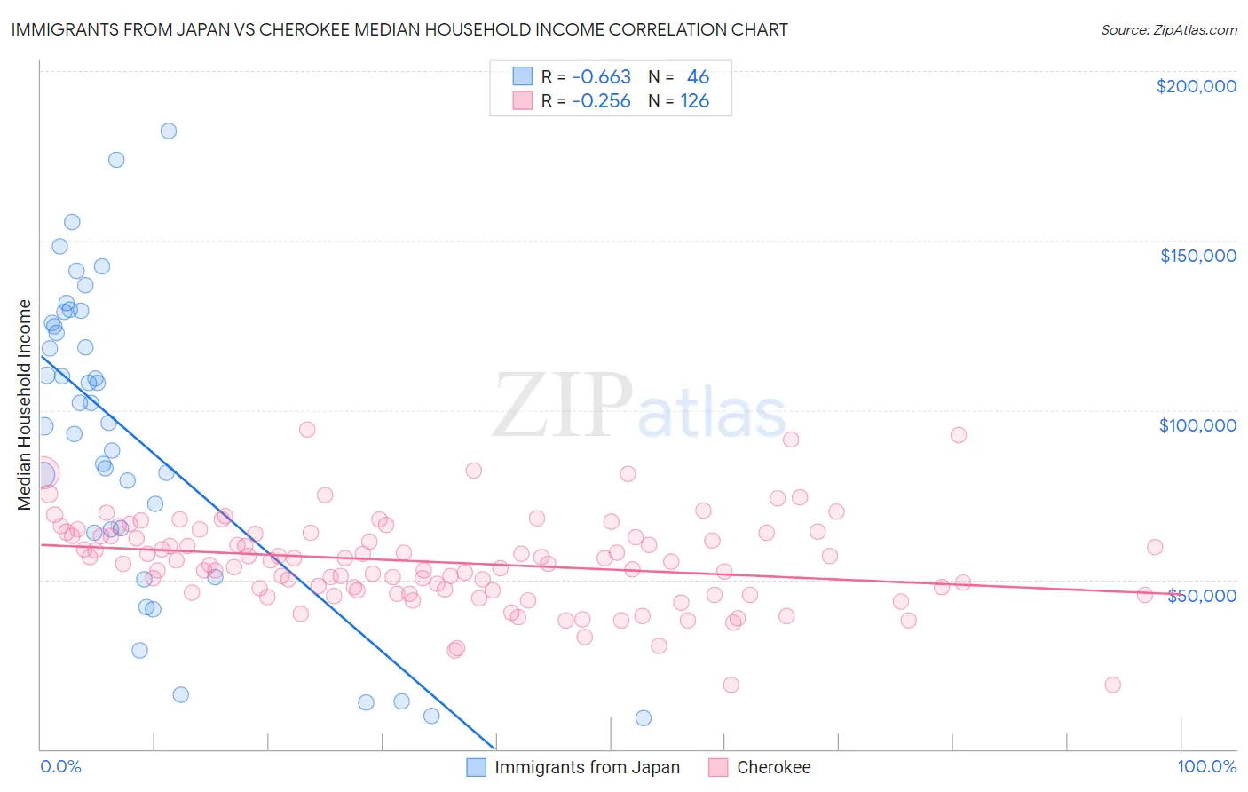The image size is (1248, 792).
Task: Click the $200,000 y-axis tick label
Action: pos(1196,86)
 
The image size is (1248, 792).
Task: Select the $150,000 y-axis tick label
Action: pos(1197,256)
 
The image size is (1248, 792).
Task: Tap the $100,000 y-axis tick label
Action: pos(1197,425)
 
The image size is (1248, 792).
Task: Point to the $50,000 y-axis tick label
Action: pos(1201,595)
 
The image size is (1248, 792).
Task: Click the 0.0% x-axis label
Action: pos(60,766)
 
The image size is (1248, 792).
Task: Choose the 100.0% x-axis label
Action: pos(1206,766)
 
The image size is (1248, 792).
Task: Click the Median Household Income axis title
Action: pos(24,405)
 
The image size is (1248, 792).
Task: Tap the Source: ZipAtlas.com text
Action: pos(1168,30)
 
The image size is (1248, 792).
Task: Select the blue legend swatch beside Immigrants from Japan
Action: pos(477,767)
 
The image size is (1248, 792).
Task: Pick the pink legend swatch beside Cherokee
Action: pos(718,767)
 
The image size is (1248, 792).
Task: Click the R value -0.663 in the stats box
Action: pos(601,77)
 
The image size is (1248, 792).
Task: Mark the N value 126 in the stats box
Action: pos(694,101)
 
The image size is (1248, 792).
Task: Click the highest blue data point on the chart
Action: pos(168,131)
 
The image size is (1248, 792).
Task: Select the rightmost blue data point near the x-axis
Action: pos(644,717)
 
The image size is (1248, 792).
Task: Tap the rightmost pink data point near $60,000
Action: pos(1154,547)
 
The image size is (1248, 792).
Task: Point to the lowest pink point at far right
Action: pos(1112,685)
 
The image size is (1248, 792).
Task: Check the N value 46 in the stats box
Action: pos(698,77)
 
